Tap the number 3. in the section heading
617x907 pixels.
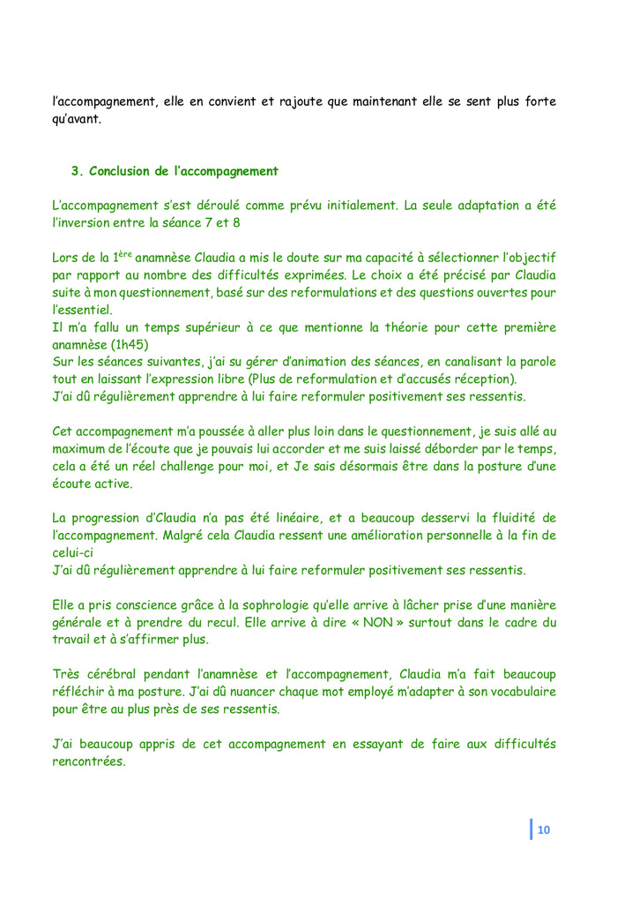pos(77,171)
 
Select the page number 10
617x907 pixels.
pos(543,829)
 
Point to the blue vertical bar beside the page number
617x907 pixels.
pos(532,829)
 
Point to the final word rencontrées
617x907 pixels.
pos(88,761)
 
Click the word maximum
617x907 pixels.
pos(85,449)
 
